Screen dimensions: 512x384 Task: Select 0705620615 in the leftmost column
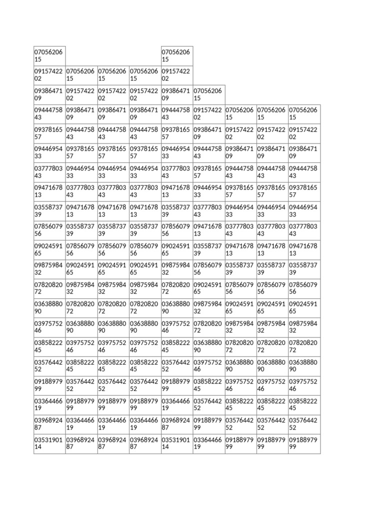tap(49, 55)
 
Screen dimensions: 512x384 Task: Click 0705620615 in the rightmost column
tap(304, 113)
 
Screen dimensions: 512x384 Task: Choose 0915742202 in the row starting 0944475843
tap(208, 113)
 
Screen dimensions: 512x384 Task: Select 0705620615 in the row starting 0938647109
tap(208, 94)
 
